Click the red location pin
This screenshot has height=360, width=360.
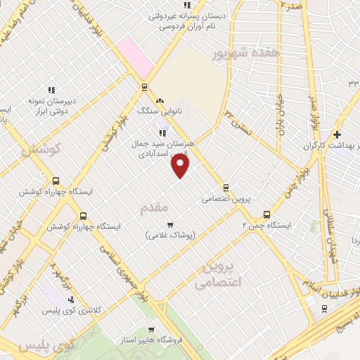[181, 165]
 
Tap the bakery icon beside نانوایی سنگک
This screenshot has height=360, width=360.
[160, 101]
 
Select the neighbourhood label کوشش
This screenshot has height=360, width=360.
[41, 149]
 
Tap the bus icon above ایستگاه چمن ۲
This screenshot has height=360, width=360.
[266, 214]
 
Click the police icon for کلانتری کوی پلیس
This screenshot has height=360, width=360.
[71, 300]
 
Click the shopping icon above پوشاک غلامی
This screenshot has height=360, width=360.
[169, 224]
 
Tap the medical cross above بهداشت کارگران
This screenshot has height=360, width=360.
[337, 134]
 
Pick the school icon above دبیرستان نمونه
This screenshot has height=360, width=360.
[51, 90]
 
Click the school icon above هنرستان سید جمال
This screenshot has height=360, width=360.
[162, 132]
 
